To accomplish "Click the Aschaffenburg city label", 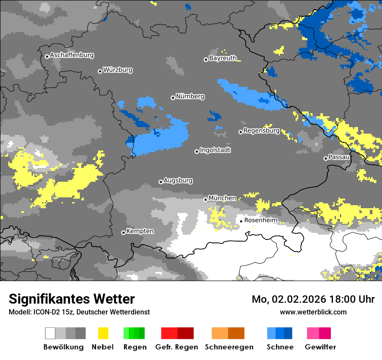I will click(72, 56).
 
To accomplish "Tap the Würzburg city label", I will click(118, 70).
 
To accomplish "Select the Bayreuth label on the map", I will click(223, 58).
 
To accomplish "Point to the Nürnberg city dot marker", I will click(173, 98).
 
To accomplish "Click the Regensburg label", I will click(261, 131).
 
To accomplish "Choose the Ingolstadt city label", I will click(215, 150).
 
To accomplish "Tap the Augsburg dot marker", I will click(161, 182).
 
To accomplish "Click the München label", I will click(222, 198).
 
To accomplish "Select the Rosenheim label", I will click(260, 220).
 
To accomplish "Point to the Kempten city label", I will click(140, 231).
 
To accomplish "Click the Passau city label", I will click(339, 157).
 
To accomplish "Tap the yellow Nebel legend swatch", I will click(103, 333).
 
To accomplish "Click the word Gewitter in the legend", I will click(320, 347).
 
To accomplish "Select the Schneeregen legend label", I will click(229, 347).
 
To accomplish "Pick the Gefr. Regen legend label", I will click(177, 347).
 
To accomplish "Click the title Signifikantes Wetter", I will click(72, 299).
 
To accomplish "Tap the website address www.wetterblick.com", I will click(313, 312).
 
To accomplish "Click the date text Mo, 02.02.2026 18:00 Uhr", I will click(313, 299).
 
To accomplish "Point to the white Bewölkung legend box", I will click(50, 333).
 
